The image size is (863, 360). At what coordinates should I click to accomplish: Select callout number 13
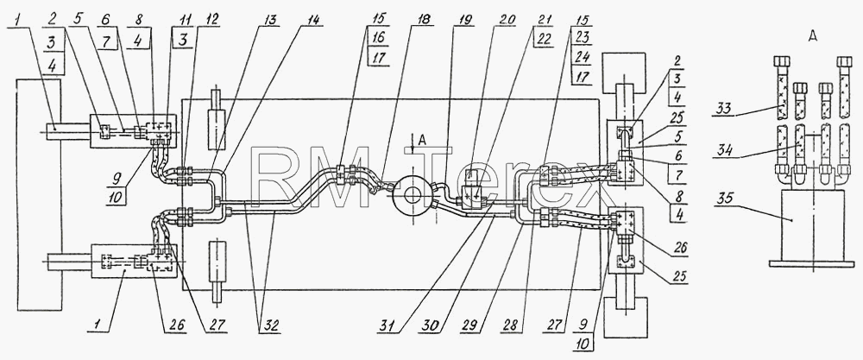pos(271,19)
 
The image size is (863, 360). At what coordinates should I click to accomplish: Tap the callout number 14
pos(312,19)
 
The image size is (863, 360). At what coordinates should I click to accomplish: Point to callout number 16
pos(378,38)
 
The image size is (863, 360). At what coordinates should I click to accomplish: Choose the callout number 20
pos(507,19)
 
